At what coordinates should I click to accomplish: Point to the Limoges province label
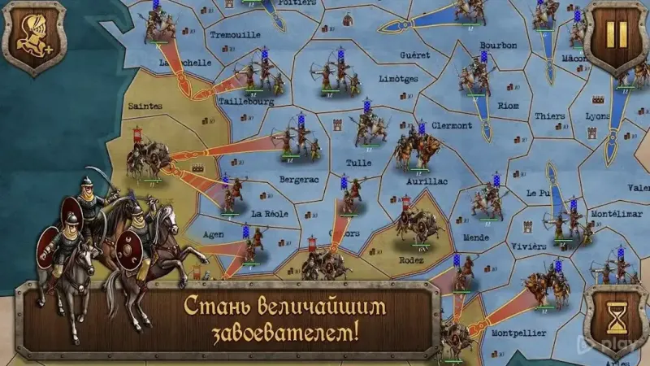tap(399, 79)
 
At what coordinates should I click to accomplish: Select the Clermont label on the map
tap(451, 125)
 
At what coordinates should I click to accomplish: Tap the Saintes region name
tap(145, 106)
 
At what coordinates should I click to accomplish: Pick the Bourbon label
tap(498, 46)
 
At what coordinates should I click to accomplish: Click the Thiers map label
tap(550, 116)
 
